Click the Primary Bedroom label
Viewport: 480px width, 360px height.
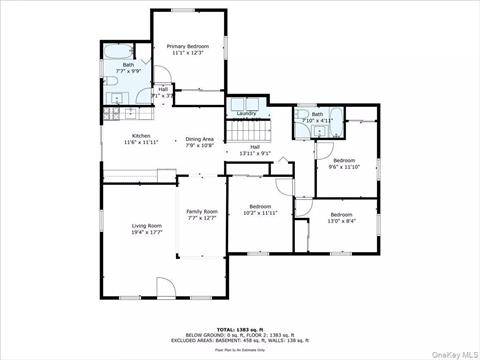click(187, 46)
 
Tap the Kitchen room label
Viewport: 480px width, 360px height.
click(141, 137)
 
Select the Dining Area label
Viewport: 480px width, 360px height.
click(201, 138)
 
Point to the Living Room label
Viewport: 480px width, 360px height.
click(147, 226)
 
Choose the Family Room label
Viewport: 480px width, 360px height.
click(202, 211)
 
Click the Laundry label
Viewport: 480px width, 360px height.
click(246, 113)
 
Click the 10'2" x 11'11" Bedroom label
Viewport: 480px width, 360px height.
click(259, 207)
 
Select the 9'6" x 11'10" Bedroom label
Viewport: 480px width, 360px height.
click(344, 161)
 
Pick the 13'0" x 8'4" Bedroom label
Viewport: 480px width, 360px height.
click(341, 215)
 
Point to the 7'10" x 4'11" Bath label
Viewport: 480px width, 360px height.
click(317, 115)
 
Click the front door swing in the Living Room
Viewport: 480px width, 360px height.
click(167, 288)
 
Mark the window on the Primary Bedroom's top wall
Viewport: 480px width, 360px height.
click(186, 11)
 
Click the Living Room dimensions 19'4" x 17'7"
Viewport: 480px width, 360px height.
click(147, 233)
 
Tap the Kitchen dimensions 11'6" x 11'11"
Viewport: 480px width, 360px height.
click(141, 144)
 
